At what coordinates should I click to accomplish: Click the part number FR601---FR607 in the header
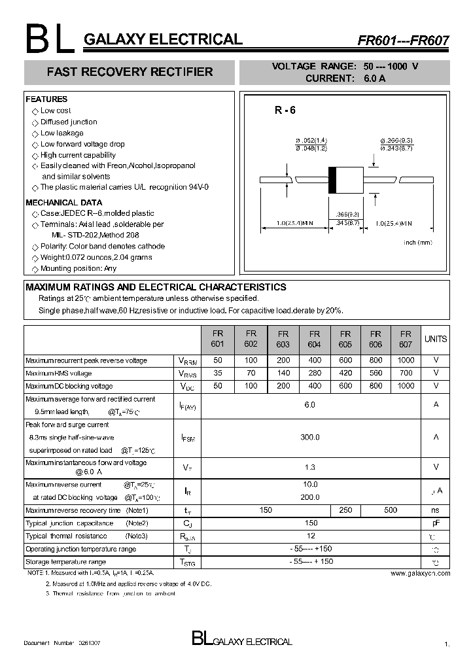[x=402, y=40]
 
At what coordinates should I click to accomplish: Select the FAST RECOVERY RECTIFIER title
[x=130, y=72]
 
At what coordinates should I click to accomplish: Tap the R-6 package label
[x=285, y=111]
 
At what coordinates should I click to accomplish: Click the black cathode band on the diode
[x=332, y=179]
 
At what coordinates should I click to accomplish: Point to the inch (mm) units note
[x=418, y=243]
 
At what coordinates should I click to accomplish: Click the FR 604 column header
[x=314, y=338]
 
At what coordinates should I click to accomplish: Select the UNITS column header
[x=436, y=339]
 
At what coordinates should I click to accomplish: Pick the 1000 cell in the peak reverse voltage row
[x=406, y=360]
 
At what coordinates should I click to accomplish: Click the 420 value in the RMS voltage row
[x=345, y=373]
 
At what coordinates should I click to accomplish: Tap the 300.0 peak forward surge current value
[x=310, y=437]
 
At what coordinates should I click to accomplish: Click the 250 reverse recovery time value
[x=345, y=510]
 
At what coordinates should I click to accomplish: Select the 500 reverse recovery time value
[x=391, y=510]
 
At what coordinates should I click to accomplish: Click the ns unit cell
[x=436, y=510]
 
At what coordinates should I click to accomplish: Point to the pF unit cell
[x=436, y=523]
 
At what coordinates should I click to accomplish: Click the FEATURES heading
[x=46, y=99]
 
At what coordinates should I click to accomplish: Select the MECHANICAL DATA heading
[x=63, y=202]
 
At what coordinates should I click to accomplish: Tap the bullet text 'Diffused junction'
[x=69, y=122]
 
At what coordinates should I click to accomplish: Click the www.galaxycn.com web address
[x=420, y=573]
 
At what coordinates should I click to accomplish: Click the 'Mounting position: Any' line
[x=78, y=268]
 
